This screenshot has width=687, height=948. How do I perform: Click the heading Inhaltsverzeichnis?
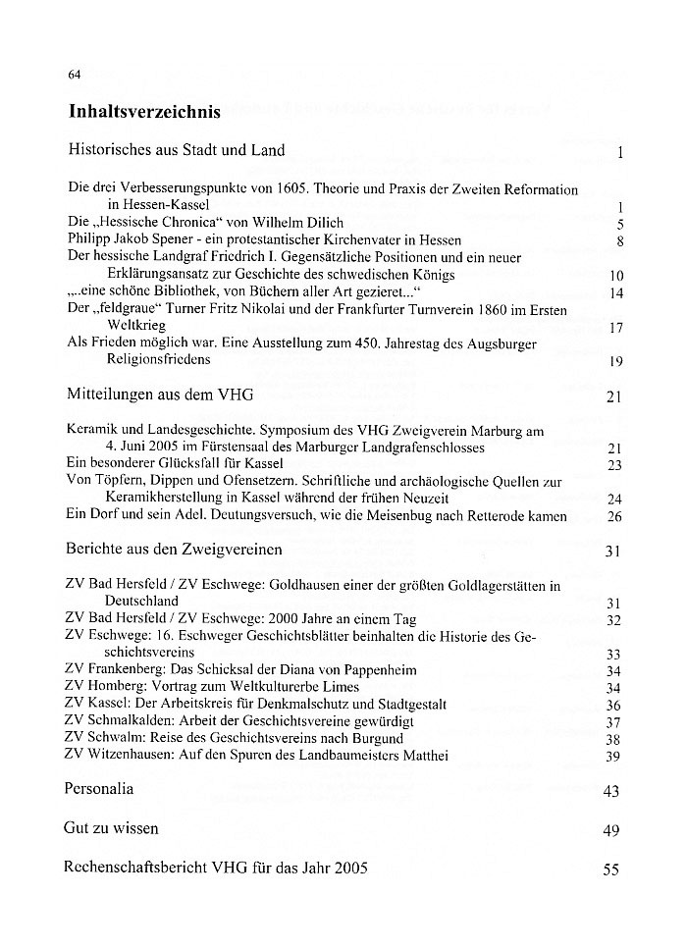click(144, 112)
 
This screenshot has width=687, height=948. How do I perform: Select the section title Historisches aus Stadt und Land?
click(177, 150)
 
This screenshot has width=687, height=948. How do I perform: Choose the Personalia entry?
click(98, 788)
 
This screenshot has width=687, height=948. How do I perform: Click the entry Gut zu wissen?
click(111, 828)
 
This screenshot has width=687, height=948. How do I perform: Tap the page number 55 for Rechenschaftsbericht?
click(611, 869)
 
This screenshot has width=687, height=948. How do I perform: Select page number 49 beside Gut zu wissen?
click(611, 831)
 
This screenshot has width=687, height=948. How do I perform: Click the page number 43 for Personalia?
click(611, 791)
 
